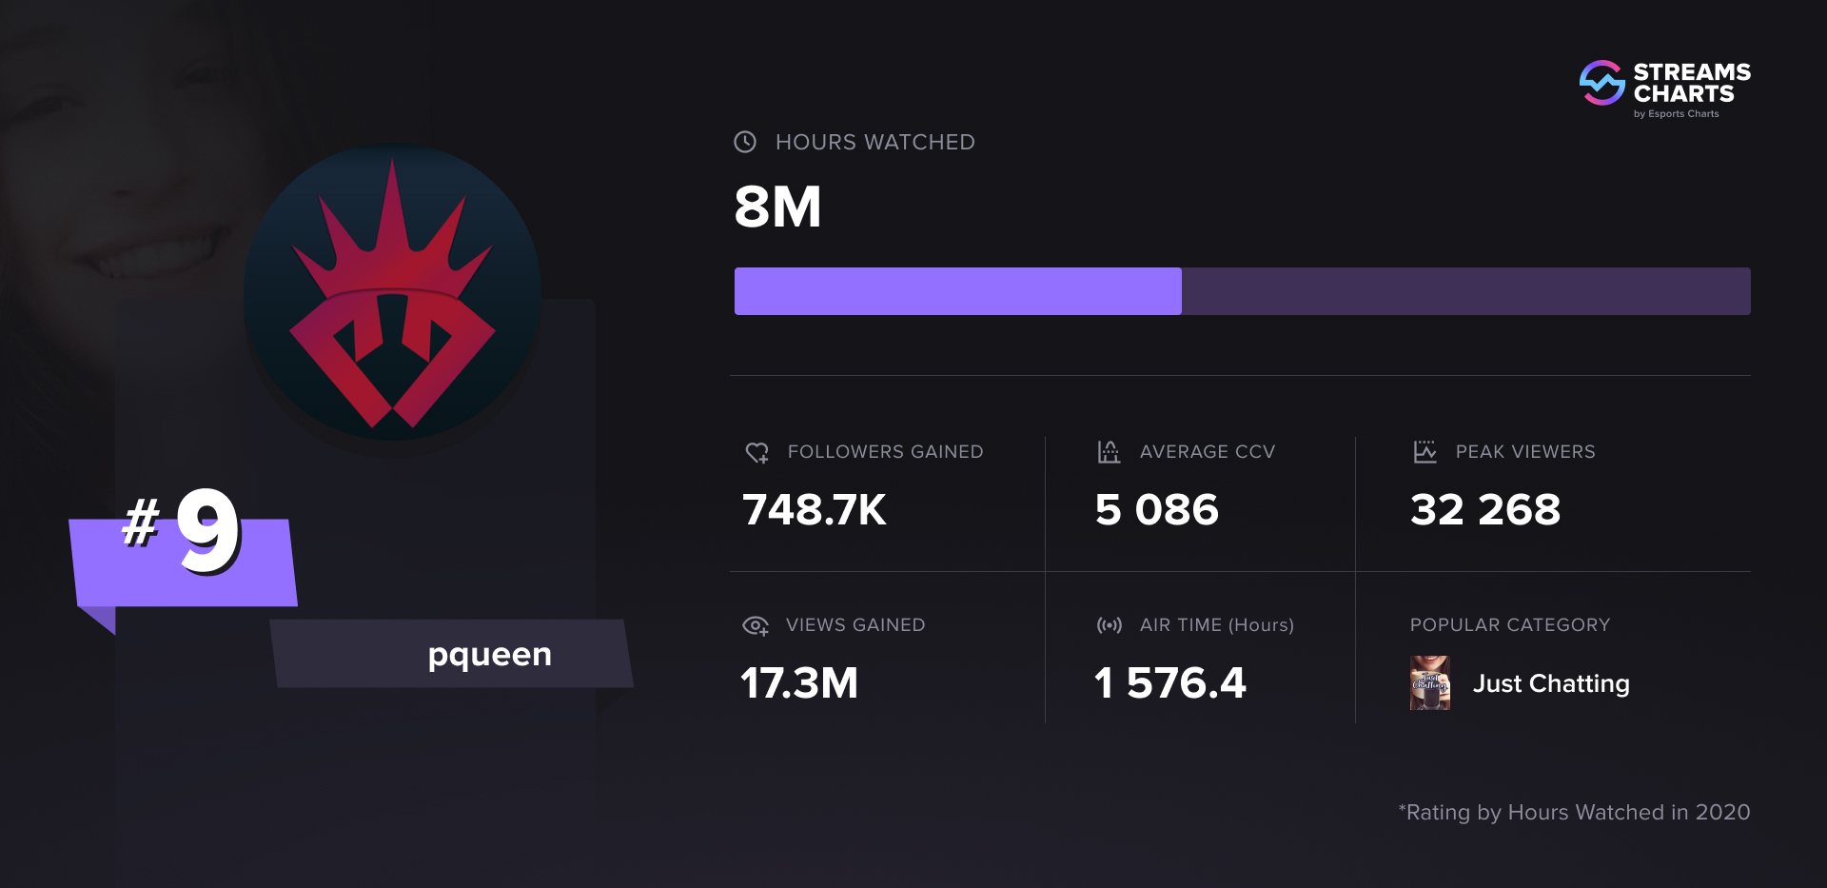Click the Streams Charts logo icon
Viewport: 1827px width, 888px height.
1602,84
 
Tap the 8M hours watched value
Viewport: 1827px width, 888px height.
777,207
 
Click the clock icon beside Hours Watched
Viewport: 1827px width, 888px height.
745,142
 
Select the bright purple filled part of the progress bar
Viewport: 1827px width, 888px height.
957,291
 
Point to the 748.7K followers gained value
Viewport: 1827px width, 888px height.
814,510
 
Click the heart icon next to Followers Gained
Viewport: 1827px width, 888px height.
756,453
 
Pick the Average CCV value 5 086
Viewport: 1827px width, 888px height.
1156,510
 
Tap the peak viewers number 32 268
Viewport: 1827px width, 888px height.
1484,510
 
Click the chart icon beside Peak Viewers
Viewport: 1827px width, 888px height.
1424,452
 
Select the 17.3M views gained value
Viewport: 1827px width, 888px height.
799,683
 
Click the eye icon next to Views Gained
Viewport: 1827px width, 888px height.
755,625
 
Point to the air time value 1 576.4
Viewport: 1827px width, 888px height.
1169,683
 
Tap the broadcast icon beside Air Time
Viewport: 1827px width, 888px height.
1109,625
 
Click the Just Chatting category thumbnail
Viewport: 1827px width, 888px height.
1429,683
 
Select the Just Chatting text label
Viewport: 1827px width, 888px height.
1551,683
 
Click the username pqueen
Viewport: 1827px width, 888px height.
489,655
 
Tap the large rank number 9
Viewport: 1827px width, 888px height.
207,530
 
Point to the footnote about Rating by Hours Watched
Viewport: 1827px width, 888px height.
1574,812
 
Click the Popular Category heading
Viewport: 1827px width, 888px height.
1509,625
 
